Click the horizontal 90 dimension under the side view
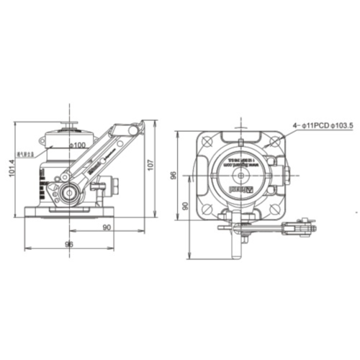click(x=107, y=228)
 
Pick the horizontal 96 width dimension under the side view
click(x=69, y=244)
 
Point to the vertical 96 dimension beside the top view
click(x=174, y=176)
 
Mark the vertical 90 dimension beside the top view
click(x=185, y=206)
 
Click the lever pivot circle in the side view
click(x=70, y=192)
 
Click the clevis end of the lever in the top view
click(x=302, y=228)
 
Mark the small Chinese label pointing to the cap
click(x=29, y=153)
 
